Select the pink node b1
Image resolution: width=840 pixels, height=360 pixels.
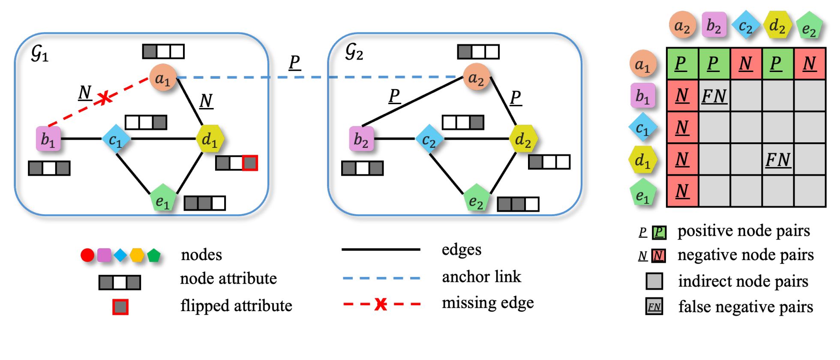48,138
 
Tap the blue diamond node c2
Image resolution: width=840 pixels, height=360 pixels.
429,139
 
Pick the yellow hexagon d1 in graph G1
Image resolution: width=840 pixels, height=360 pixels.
210,138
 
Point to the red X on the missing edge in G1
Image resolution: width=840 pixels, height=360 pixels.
104,98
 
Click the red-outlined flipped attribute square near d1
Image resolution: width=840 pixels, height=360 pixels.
250,163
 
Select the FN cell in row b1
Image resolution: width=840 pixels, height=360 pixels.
714,96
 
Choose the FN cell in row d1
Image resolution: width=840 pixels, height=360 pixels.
778,159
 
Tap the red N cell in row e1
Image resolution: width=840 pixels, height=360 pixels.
682,191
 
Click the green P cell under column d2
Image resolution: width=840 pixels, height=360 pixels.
778,64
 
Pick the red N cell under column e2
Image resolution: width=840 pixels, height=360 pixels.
810,64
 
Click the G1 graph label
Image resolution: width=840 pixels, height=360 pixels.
39,54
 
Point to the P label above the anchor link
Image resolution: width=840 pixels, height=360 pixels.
294,63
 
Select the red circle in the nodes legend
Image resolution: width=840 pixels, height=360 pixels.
87,255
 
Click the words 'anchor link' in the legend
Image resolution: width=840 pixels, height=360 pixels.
481,277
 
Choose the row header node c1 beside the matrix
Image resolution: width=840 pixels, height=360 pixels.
642,127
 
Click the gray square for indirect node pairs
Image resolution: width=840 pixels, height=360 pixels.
654,281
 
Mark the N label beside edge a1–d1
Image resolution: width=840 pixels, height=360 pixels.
206,101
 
